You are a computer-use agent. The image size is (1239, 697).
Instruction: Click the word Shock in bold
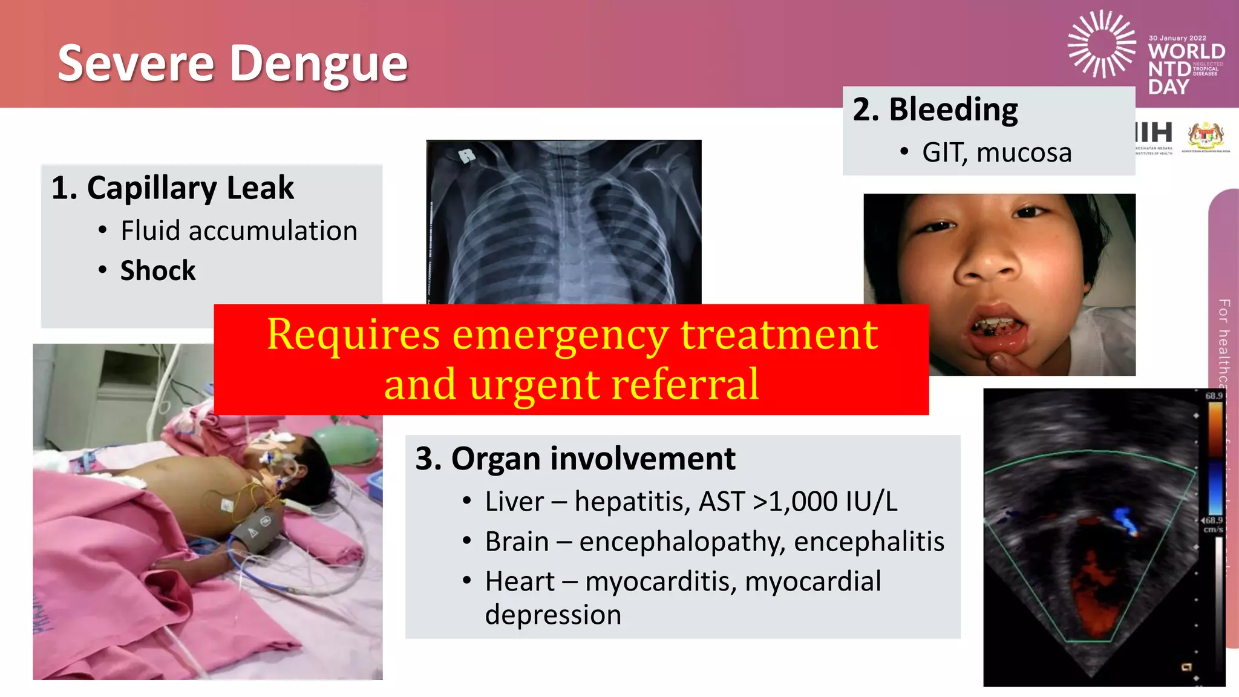click(x=158, y=270)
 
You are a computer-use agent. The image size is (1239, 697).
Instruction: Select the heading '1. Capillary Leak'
click(x=172, y=188)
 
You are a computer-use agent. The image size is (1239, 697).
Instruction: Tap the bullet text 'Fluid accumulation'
click(x=239, y=231)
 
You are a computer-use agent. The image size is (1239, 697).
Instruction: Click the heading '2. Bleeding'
click(x=935, y=110)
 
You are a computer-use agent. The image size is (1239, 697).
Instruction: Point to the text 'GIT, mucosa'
click(x=996, y=152)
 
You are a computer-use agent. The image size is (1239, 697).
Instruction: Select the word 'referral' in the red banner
click(x=684, y=385)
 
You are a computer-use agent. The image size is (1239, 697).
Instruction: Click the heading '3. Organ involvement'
click(x=575, y=459)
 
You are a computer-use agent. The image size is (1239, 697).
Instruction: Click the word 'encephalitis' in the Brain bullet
click(x=869, y=542)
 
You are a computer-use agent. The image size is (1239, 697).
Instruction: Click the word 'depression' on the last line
click(x=553, y=615)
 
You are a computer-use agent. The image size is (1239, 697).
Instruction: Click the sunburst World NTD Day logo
click(x=1101, y=44)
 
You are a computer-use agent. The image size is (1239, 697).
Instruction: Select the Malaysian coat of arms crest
click(x=1206, y=136)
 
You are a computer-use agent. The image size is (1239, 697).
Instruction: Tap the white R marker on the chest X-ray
click(x=466, y=156)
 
